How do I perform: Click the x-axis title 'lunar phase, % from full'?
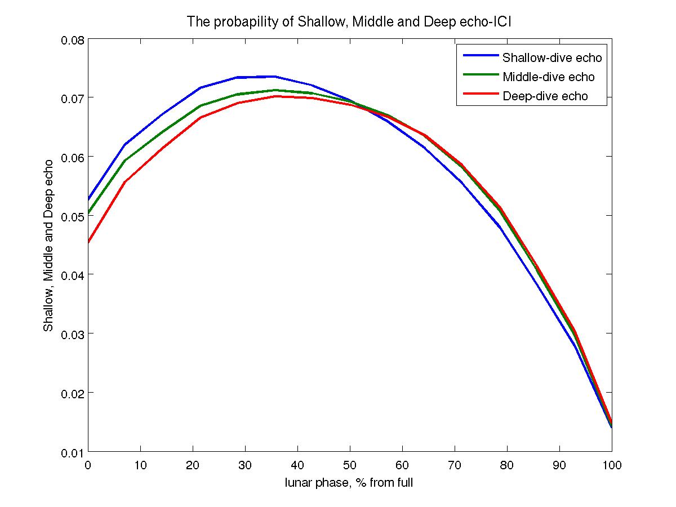point(349,483)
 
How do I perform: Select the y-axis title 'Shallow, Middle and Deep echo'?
point(49,246)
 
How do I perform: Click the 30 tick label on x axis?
point(244,465)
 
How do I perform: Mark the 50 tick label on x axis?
point(349,465)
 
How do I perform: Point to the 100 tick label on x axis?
point(612,465)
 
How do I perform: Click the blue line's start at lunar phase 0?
point(88,199)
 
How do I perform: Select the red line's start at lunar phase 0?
point(88,242)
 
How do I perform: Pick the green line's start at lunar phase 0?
point(88,214)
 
